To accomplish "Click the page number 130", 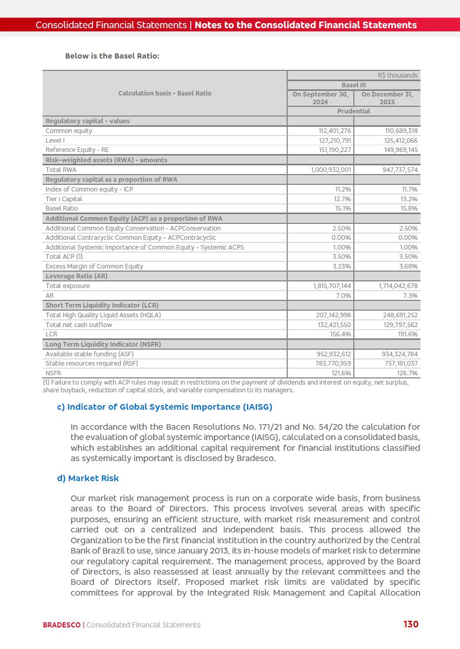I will [411, 624].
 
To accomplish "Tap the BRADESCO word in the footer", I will [62, 625].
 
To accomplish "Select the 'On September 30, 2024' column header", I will [321, 98].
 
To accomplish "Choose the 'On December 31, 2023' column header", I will [387, 98].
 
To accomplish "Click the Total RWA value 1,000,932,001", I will [331, 169].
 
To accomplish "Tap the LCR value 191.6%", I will [407, 334].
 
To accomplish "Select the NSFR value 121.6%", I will [341, 373].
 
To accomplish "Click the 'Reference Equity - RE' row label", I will [77, 150].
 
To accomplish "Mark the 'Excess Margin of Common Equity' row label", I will [94, 266].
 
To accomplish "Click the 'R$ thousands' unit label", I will [397, 75].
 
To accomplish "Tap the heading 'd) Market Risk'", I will [88, 478].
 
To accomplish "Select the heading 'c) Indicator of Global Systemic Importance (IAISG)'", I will [165, 407].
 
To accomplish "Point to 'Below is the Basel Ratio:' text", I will [112, 55].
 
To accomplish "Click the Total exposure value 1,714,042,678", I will [398, 286].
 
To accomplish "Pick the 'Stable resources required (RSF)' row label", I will [92, 364].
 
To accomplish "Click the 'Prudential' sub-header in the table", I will [353, 111].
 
